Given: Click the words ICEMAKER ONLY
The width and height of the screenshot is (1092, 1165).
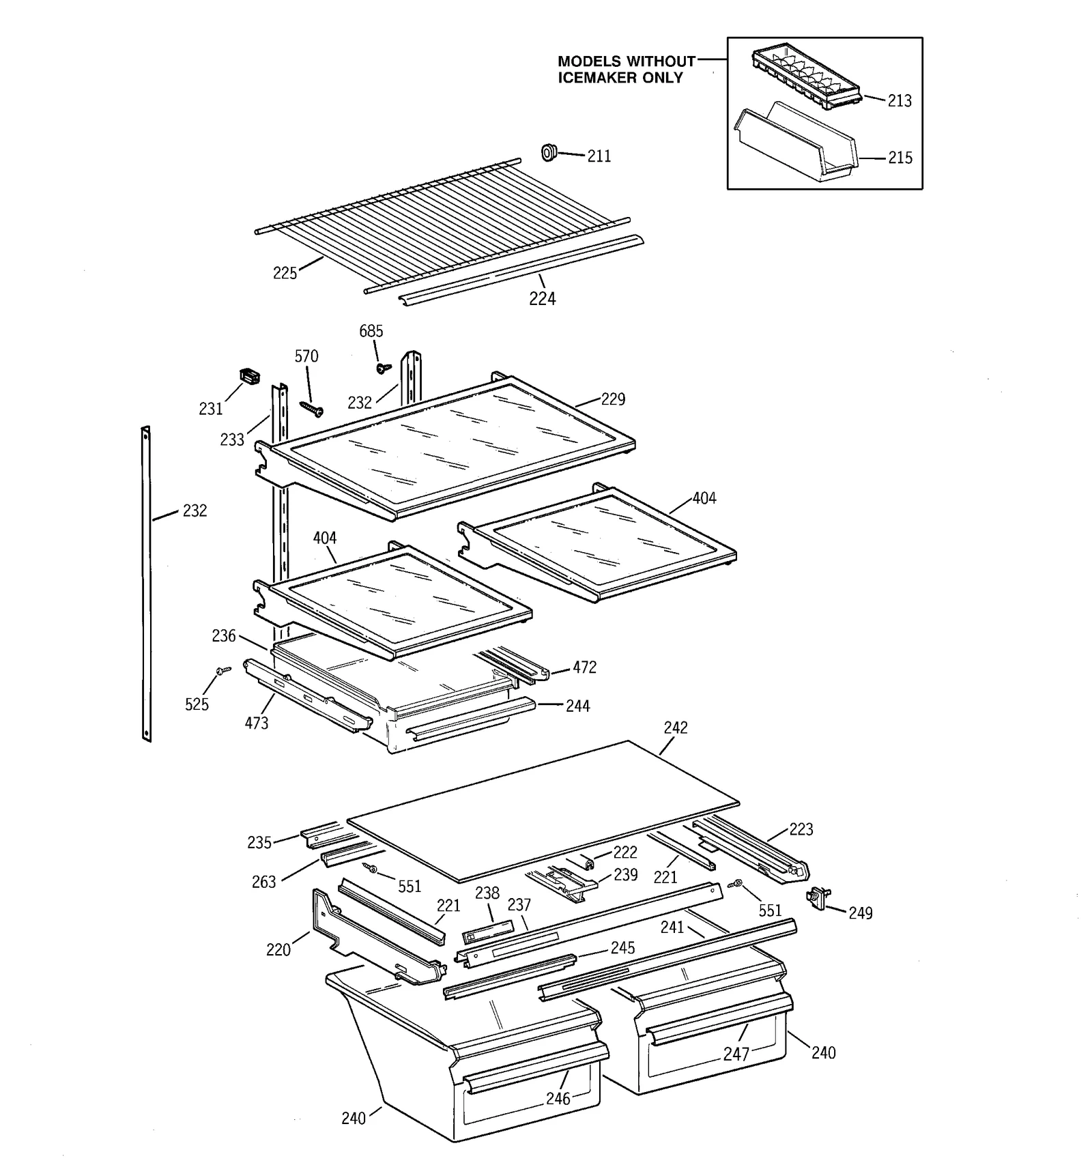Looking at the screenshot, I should click(x=620, y=78).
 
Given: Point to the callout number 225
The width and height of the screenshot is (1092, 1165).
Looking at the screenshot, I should click(x=285, y=274).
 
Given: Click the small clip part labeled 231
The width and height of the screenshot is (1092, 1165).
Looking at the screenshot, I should click(x=250, y=375).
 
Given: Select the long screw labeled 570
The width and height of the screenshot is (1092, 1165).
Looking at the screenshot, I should click(x=311, y=408).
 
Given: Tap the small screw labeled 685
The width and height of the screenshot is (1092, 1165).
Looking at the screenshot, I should click(x=384, y=369).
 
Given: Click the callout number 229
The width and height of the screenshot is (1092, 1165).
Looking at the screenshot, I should click(x=612, y=399).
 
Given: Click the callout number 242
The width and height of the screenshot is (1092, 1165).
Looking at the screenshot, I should click(x=675, y=728).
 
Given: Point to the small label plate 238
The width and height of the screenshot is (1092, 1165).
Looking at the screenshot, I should click(x=487, y=931).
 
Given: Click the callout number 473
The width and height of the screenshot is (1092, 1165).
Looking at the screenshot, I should click(x=257, y=723).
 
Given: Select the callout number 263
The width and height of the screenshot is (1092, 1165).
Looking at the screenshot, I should click(x=263, y=882).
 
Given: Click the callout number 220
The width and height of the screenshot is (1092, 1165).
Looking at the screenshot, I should click(x=278, y=949).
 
